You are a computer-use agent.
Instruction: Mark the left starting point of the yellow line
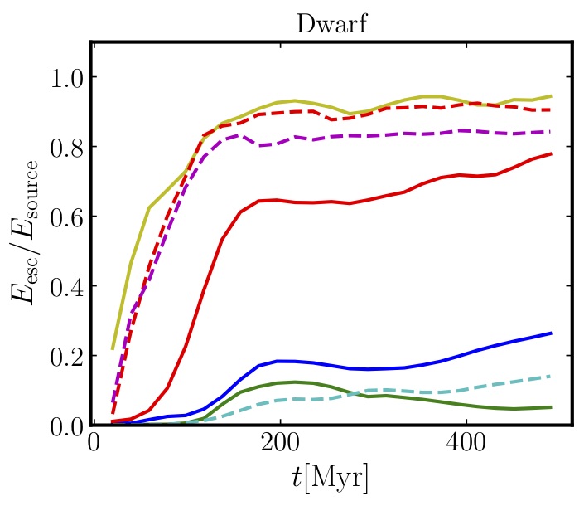point(113,348)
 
